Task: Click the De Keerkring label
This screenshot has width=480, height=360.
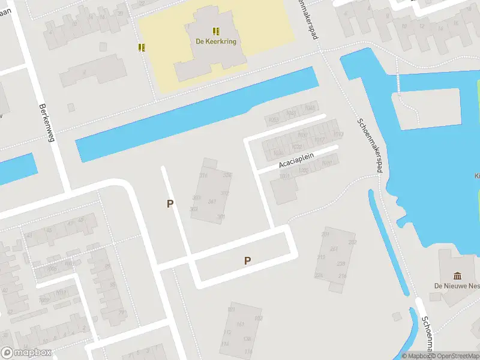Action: click(x=216, y=42)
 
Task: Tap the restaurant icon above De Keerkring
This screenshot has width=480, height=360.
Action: click(x=216, y=31)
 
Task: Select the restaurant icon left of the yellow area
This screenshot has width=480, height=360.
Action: click(x=142, y=47)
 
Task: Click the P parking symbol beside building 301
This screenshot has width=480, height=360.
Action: click(x=170, y=204)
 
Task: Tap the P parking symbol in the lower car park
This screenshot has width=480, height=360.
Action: click(x=247, y=260)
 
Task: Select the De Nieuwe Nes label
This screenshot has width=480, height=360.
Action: click(x=457, y=286)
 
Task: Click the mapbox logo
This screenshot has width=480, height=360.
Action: click(x=26, y=353)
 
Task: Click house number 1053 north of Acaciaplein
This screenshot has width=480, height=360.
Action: click(x=274, y=120)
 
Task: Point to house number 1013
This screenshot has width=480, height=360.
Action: click(x=338, y=134)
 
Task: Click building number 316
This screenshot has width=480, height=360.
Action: click(x=203, y=176)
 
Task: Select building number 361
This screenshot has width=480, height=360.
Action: click(x=212, y=202)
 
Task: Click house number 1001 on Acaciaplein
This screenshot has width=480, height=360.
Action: click(x=284, y=176)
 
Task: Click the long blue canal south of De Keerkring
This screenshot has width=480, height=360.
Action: click(x=198, y=114)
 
